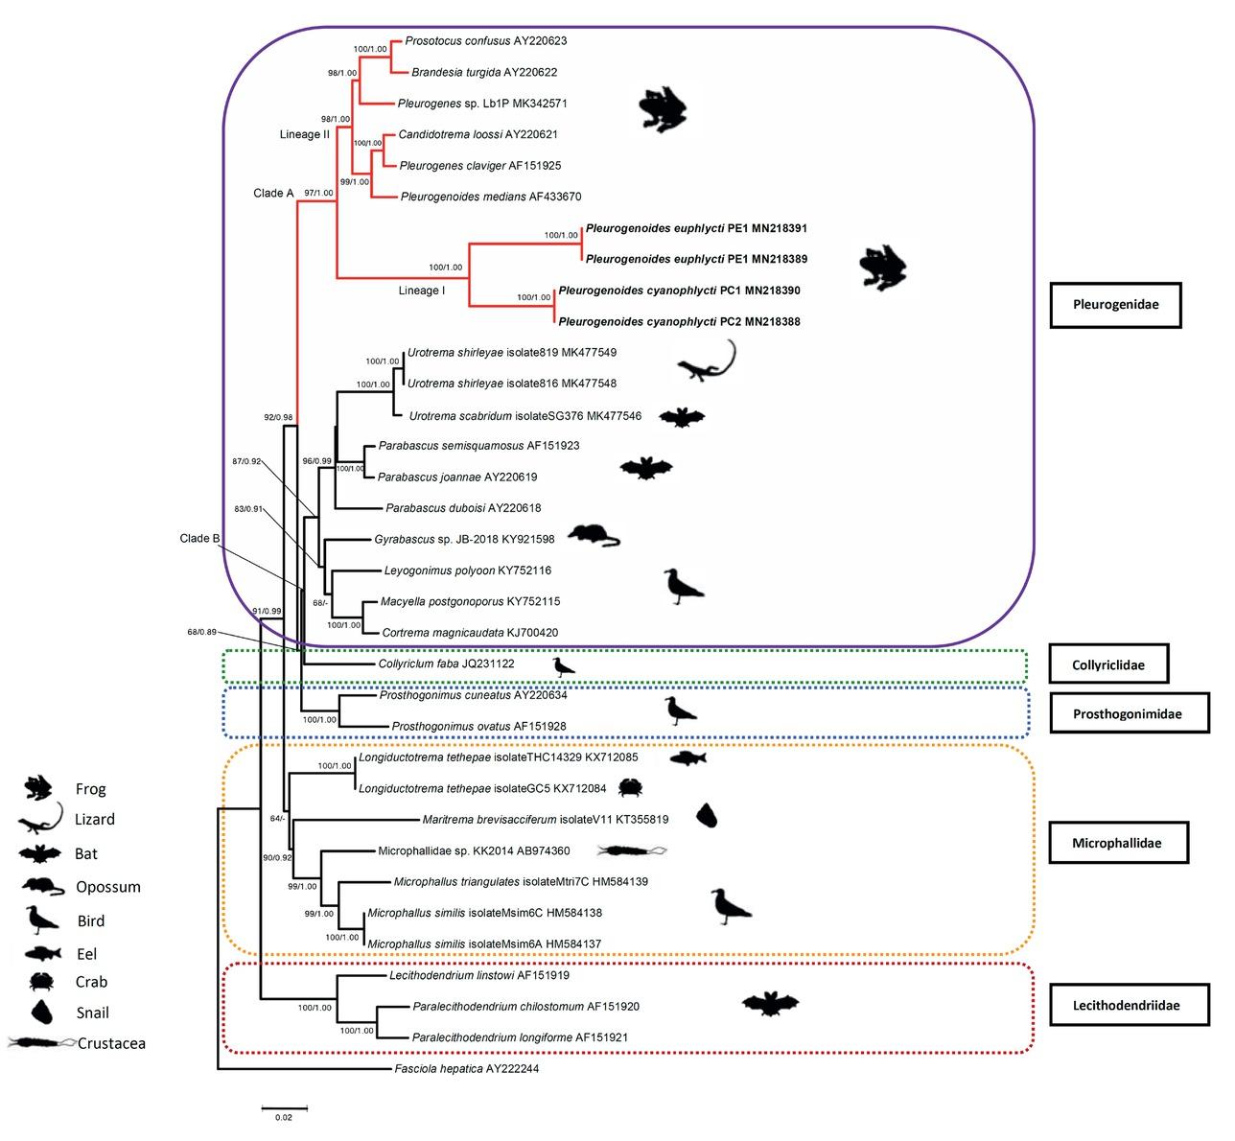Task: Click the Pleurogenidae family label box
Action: point(1116,305)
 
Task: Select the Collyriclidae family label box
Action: point(1109,664)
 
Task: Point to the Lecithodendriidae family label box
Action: point(1116,1005)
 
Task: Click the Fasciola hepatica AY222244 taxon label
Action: point(466,1068)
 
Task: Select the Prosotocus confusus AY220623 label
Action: point(486,41)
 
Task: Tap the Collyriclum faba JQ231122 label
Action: point(440,664)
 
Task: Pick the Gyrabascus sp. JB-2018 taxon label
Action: point(464,539)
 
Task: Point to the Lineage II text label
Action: point(304,134)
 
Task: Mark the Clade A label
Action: point(273,193)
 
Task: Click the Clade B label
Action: point(200,538)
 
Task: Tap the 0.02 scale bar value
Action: point(284,1117)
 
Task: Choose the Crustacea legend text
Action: point(111,1043)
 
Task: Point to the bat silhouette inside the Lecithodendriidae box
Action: point(770,1004)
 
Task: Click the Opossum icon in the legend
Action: point(42,886)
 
